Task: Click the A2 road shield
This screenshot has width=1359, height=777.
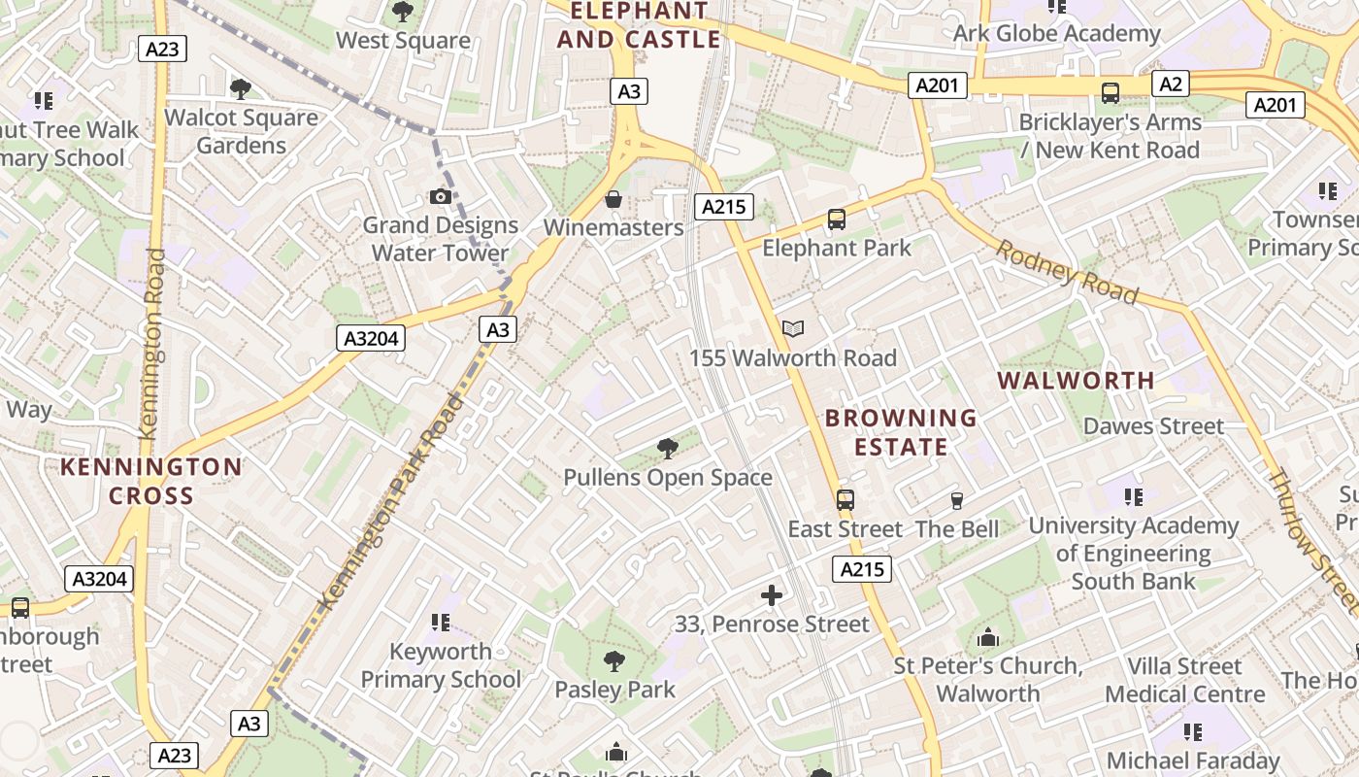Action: point(1172,84)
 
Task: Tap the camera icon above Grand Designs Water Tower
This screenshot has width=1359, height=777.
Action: point(441,197)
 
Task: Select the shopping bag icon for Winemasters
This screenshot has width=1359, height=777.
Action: point(613,200)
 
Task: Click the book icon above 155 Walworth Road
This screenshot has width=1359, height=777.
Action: point(793,329)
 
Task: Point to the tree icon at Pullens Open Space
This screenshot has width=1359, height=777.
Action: point(667,449)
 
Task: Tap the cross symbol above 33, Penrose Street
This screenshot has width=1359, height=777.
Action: point(772,595)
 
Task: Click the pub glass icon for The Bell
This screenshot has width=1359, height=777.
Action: point(957,501)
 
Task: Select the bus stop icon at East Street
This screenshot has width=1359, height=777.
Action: point(845,500)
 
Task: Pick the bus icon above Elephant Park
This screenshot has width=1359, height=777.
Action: point(837,220)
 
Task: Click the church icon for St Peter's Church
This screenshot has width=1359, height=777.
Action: point(988,638)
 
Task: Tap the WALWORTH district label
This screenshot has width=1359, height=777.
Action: point(1077,380)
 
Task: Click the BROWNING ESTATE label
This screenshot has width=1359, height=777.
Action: point(900,432)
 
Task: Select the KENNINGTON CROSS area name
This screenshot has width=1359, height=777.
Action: point(151,481)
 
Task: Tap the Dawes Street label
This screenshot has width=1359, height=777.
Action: point(1153,426)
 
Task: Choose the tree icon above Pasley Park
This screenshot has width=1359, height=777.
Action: point(613,662)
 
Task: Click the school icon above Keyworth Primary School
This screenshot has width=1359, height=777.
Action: point(441,622)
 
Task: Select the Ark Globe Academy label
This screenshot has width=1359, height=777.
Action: point(1056,34)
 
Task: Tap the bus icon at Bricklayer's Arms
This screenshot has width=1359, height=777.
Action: point(1110,93)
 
